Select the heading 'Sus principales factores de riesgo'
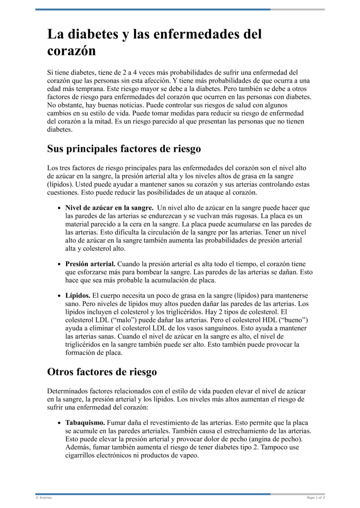click(124, 148)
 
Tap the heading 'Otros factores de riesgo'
click(102, 372)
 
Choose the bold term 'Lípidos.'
click(78, 296)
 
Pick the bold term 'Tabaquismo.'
click(85, 423)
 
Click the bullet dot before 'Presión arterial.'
click(59, 265)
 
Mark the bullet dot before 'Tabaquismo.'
click(59, 423)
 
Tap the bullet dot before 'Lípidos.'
click(59, 296)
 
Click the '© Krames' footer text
click(44, 498)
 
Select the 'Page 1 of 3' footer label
click(315, 498)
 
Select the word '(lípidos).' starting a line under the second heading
click(62, 184)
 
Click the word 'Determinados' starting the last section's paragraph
click(69, 391)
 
